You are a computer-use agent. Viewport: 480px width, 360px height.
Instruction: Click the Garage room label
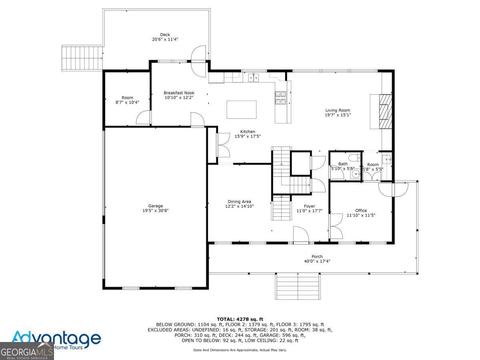click(156, 206)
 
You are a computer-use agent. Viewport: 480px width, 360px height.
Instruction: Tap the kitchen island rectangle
click(242, 110)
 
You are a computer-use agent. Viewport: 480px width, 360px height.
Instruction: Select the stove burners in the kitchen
click(280, 98)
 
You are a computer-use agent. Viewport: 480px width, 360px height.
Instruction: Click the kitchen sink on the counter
click(254, 78)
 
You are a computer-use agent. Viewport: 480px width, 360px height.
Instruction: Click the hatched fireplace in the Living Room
click(385, 111)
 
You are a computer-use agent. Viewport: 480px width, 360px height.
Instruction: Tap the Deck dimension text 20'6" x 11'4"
click(165, 39)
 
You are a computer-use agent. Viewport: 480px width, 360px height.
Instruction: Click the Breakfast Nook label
click(179, 93)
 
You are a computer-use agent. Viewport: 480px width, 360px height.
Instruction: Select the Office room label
click(361, 210)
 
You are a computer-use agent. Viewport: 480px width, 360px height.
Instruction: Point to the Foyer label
click(310, 206)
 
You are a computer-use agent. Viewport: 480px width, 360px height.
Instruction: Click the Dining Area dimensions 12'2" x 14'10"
click(240, 206)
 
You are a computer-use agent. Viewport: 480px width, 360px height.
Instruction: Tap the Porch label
click(317, 256)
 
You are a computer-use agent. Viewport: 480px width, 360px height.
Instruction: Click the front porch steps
click(298, 286)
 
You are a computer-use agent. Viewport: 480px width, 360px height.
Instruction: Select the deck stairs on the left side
click(82, 58)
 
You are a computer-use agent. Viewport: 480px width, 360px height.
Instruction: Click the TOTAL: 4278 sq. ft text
click(240, 319)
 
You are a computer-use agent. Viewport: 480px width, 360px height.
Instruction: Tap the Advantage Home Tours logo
click(56, 340)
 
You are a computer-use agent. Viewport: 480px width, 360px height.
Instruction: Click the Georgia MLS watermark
click(27, 351)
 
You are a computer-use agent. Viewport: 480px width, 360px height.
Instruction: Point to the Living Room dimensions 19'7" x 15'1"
click(338, 115)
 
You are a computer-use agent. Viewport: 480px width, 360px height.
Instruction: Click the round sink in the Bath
click(356, 174)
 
